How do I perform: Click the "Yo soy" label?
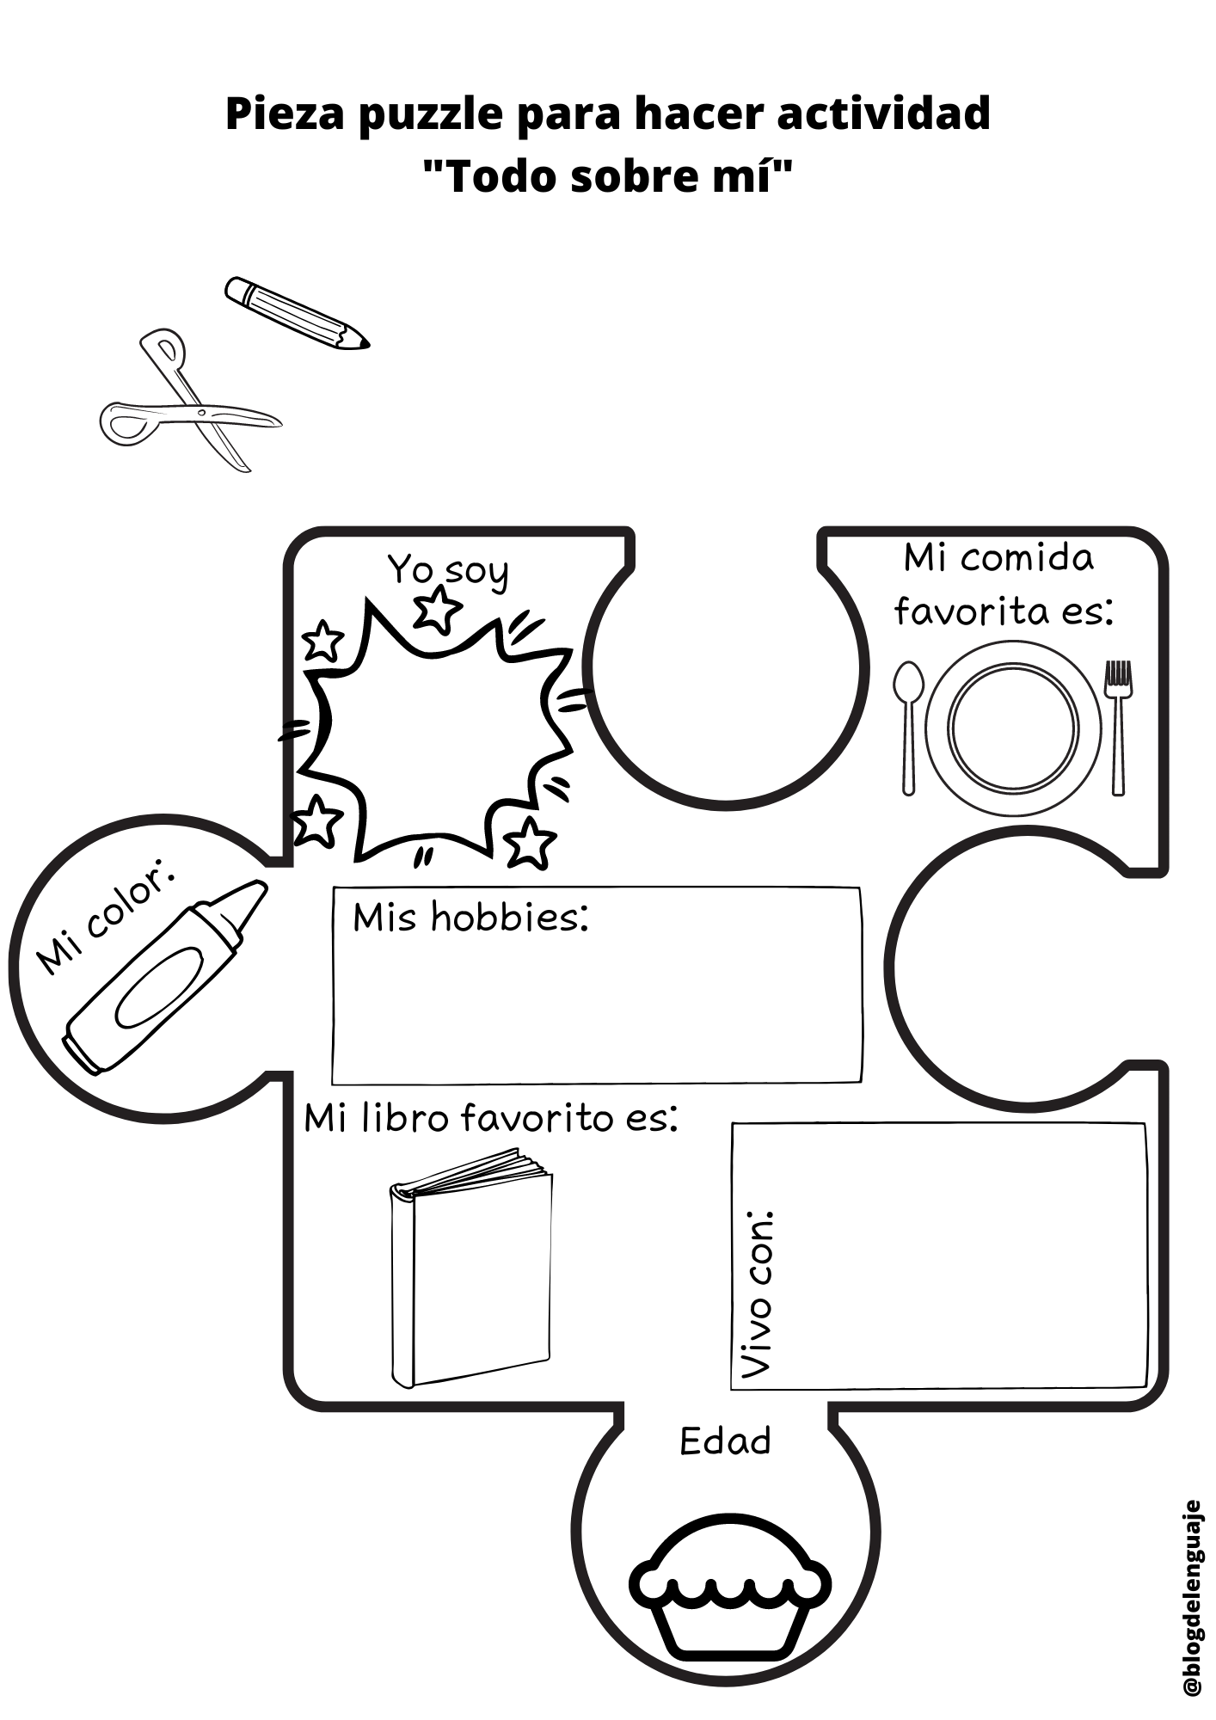(447, 570)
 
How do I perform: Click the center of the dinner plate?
(1013, 727)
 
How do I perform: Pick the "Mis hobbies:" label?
(470, 918)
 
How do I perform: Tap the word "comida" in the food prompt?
(1027, 559)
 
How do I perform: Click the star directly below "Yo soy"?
(437, 609)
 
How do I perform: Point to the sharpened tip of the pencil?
(364, 343)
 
